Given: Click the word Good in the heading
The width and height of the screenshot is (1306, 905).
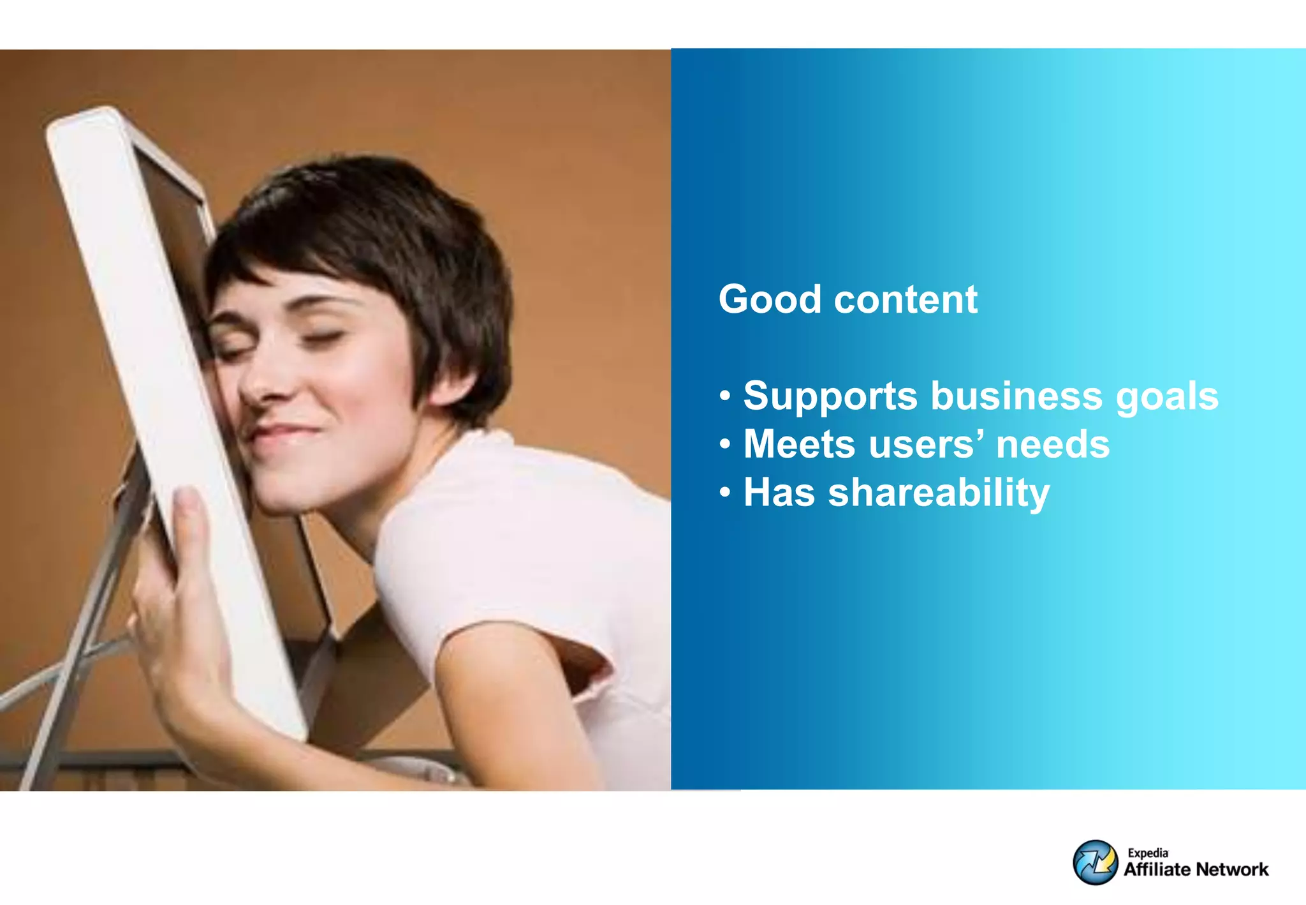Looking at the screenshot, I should (x=770, y=299).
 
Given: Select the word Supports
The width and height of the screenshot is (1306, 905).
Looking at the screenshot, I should (x=830, y=397).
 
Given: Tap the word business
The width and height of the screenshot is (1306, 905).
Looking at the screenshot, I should (x=1016, y=396).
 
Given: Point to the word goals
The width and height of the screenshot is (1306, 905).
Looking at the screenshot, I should (x=1167, y=397).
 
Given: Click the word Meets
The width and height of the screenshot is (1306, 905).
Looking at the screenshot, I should (x=799, y=444).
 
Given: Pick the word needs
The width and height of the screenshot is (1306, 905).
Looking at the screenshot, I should (x=1053, y=444).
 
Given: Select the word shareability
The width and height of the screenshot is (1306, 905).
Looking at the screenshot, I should (x=939, y=493).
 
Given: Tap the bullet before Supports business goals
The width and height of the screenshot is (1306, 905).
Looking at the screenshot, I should (x=725, y=396).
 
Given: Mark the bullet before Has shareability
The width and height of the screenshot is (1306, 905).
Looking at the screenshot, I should (x=725, y=493).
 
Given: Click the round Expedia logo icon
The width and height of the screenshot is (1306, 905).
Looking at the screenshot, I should (x=1095, y=862).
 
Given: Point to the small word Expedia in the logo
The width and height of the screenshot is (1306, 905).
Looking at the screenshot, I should (x=1148, y=853).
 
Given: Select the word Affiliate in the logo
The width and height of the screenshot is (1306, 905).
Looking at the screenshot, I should (x=1157, y=869).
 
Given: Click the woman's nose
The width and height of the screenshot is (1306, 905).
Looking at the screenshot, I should (x=261, y=383).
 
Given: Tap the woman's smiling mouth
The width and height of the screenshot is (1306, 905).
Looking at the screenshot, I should (x=284, y=434).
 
